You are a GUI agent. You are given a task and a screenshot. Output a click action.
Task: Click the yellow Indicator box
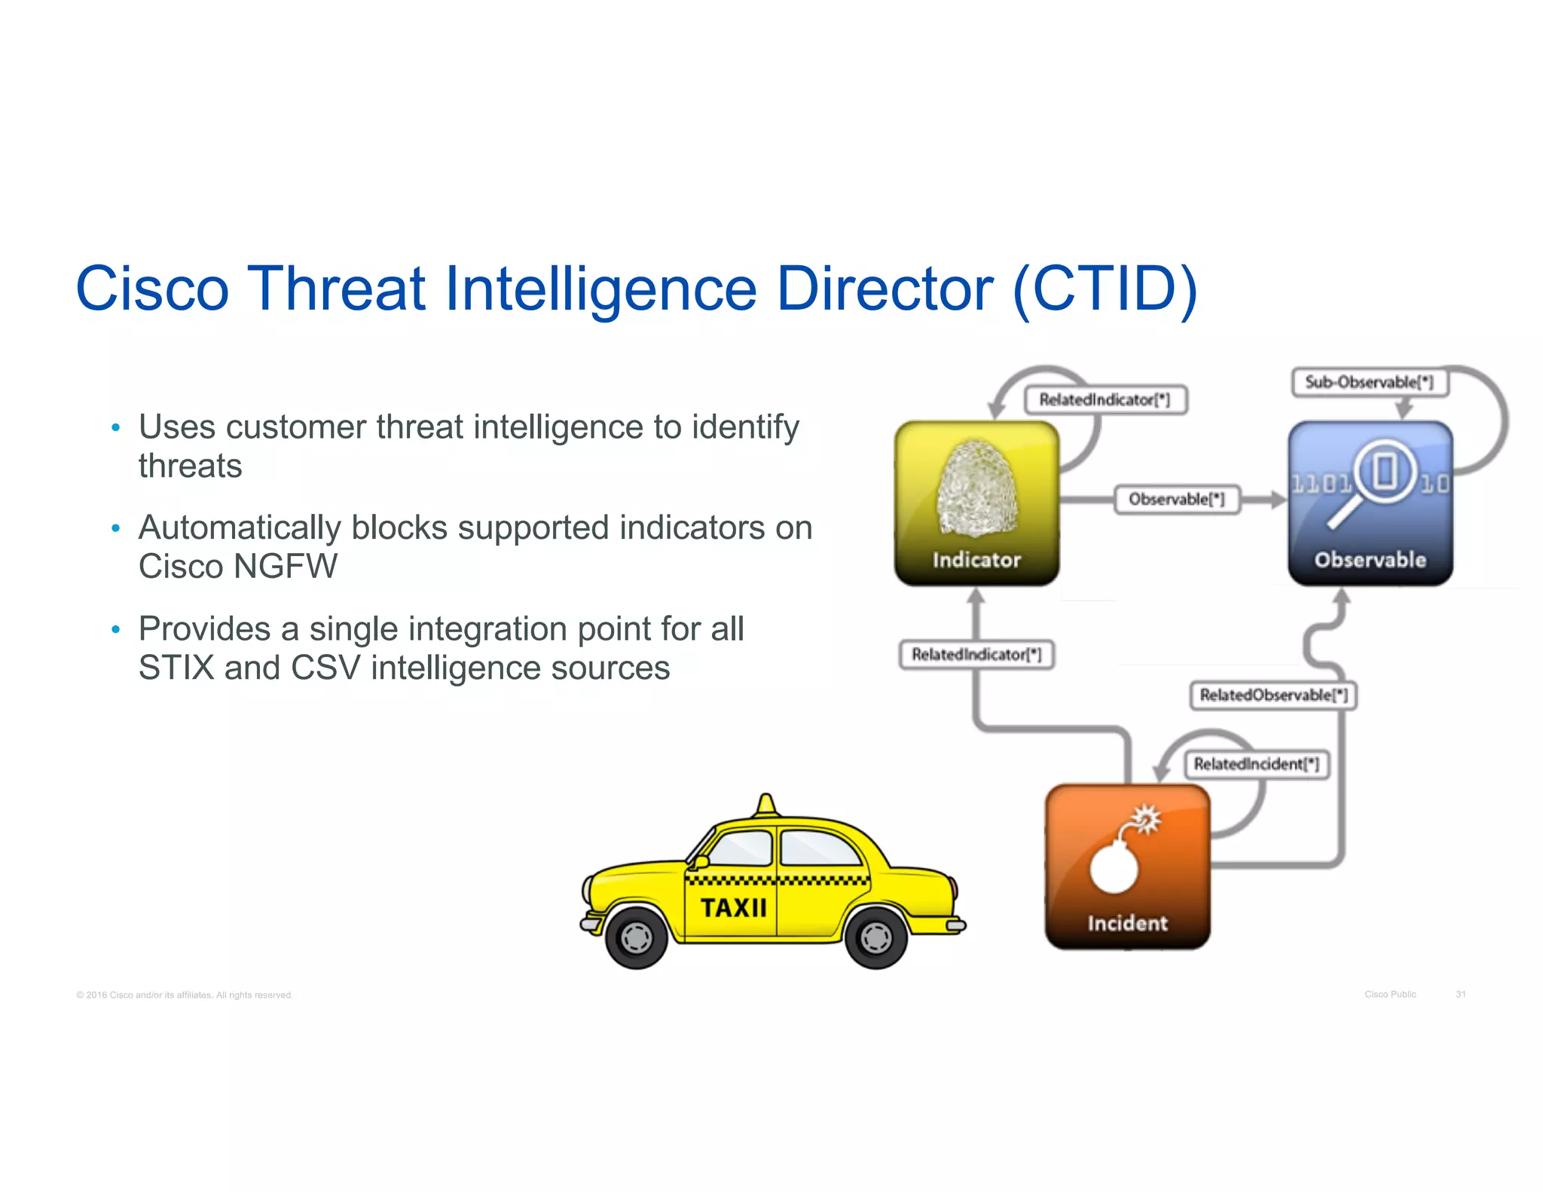[976, 503]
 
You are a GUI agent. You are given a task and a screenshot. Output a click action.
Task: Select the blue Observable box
[1370, 503]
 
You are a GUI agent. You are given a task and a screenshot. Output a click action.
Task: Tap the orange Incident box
[1127, 866]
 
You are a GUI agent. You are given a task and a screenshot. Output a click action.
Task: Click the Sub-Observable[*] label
[1369, 382]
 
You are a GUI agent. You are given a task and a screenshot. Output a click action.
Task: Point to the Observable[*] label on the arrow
[1177, 500]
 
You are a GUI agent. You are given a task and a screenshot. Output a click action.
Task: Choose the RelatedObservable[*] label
[1273, 695]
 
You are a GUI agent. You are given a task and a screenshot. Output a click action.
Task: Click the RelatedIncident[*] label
[1256, 764]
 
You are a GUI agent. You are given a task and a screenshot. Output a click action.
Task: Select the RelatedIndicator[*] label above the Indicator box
[1105, 400]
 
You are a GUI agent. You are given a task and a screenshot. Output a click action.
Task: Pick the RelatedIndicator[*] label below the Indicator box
[976, 654]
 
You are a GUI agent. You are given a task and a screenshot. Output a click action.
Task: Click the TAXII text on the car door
[733, 908]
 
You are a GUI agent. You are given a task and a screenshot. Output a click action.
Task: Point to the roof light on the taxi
[766, 805]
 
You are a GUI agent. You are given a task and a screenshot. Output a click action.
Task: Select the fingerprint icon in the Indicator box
[976, 488]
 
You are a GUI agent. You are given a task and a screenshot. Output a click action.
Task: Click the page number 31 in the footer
[1460, 995]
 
